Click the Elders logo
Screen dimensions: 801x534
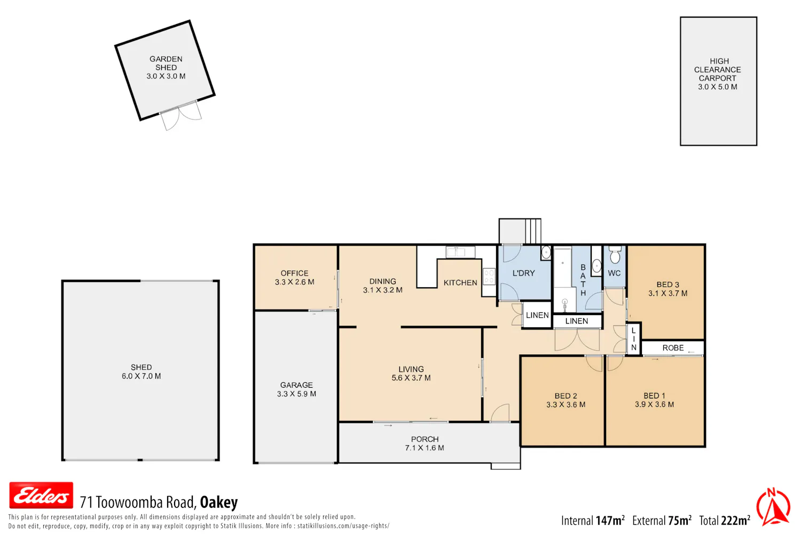click(x=41, y=496)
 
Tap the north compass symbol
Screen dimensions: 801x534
click(x=773, y=507)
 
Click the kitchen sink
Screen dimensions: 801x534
click(x=460, y=252)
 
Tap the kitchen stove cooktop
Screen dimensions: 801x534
click(x=489, y=277)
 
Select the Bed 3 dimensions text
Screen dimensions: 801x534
click(x=667, y=294)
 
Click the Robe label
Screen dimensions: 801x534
click(x=673, y=348)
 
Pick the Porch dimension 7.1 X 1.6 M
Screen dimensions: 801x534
click(x=425, y=448)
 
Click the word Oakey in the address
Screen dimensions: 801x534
click(x=219, y=502)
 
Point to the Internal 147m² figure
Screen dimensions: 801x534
click(x=593, y=521)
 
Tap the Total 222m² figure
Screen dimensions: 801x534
click(x=725, y=521)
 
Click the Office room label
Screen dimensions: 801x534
click(x=294, y=273)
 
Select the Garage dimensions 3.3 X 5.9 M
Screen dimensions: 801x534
click(x=296, y=394)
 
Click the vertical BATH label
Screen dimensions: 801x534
click(x=583, y=280)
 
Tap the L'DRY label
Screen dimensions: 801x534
click(x=523, y=273)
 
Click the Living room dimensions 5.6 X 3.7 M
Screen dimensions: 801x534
click(x=411, y=378)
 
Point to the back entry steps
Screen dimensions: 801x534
click(x=533, y=231)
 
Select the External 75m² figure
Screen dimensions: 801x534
click(x=662, y=521)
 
